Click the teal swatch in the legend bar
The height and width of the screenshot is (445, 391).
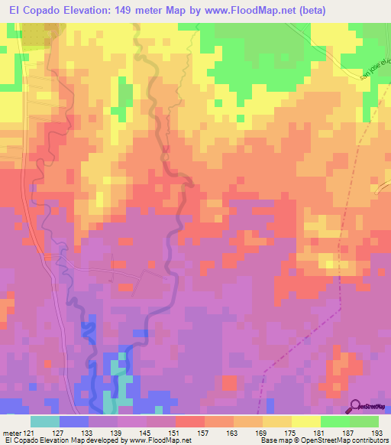[x=44, y=422]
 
